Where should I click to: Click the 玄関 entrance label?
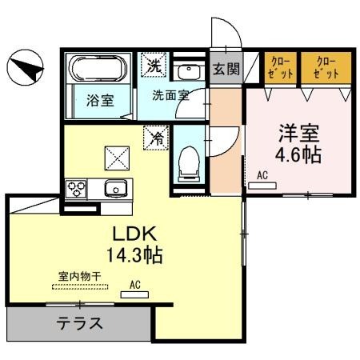tap(226, 69)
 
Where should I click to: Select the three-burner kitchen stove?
tap(78, 190)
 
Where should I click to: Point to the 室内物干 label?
tap(78, 277)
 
